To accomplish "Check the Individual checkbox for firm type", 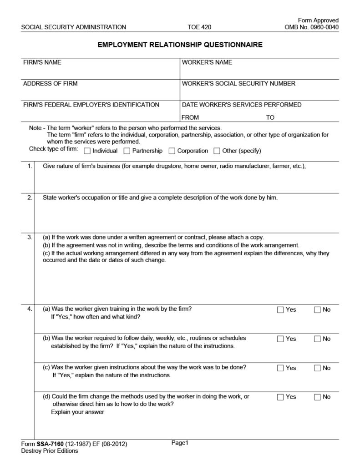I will click(x=88, y=151).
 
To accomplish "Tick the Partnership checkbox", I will click(x=127, y=151).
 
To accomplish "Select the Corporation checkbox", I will click(x=172, y=151).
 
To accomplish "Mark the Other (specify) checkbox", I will click(x=217, y=151).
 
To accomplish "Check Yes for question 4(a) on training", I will click(x=280, y=310).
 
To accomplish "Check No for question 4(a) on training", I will click(x=318, y=310).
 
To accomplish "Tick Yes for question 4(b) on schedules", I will click(x=280, y=339).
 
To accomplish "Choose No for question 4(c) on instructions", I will click(x=318, y=368).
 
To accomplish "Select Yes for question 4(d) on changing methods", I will click(x=280, y=397).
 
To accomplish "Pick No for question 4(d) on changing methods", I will click(x=318, y=397).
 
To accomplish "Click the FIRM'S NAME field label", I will click(x=42, y=62).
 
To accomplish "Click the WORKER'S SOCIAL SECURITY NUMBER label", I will click(x=238, y=84).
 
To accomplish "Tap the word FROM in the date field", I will click(x=190, y=117).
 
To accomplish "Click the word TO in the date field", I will click(x=270, y=117).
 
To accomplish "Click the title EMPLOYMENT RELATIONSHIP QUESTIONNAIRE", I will click(x=180, y=45).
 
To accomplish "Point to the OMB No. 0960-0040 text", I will click(x=311, y=27).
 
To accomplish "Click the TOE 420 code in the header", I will click(x=199, y=27).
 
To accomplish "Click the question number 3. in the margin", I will click(x=30, y=237).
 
